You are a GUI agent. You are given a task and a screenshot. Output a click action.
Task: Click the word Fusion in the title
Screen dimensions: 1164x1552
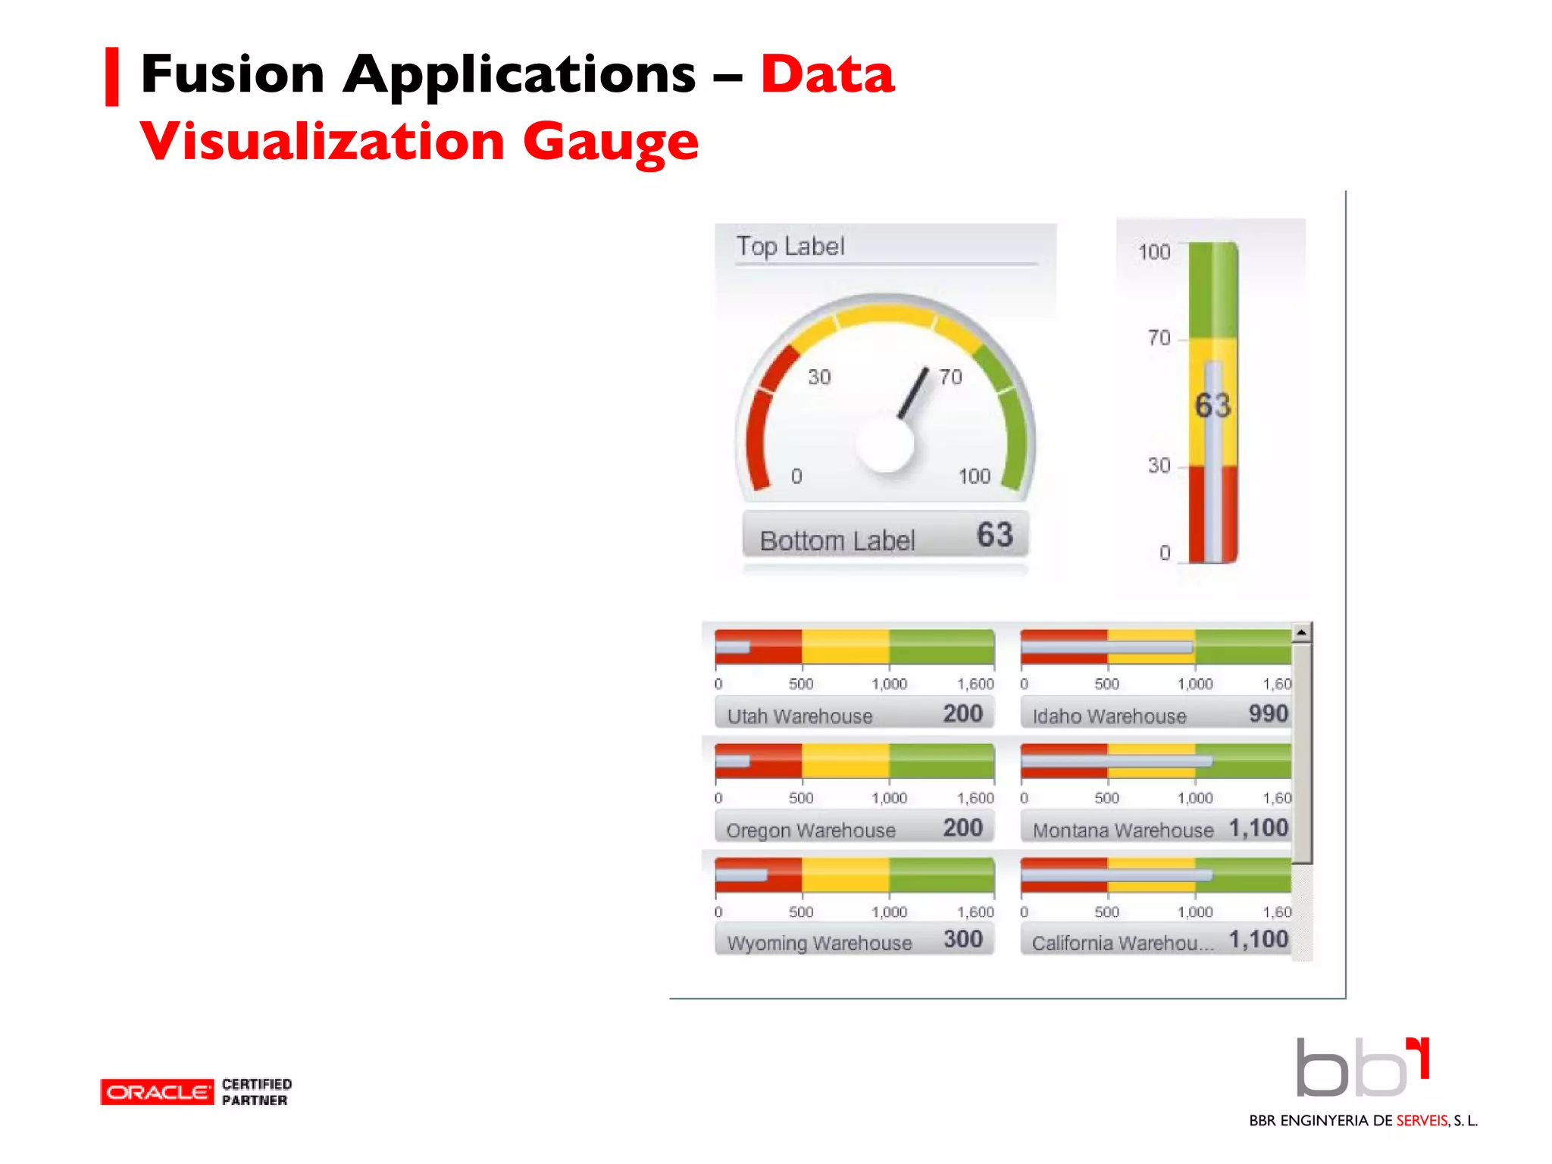coord(233,74)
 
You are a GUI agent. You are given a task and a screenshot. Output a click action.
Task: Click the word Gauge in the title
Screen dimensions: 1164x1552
coord(610,142)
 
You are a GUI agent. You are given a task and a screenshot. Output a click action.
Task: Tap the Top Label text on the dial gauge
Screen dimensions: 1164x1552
coord(790,246)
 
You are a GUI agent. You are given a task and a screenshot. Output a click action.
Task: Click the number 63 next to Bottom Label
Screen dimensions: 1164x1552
coord(994,535)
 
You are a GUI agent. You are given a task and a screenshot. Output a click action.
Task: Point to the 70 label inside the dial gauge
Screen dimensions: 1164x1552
coord(950,377)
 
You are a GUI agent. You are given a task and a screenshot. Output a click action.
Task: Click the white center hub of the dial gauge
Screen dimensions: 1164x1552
coord(884,443)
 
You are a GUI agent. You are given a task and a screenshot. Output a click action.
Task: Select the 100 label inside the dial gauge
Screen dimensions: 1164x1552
coord(974,477)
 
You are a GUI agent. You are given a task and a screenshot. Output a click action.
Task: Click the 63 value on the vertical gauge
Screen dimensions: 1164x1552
coord(1212,406)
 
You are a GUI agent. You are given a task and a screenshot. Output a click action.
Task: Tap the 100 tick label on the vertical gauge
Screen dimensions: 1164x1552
coord(1154,252)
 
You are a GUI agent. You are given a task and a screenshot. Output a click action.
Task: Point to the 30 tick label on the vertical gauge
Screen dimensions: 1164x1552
coord(1159,465)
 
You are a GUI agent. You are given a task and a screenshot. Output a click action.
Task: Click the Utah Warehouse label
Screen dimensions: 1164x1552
coord(799,716)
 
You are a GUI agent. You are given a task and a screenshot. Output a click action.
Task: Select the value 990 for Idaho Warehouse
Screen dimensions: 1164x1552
coord(1268,714)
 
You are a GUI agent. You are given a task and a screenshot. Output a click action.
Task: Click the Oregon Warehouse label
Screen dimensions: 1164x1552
coord(810,831)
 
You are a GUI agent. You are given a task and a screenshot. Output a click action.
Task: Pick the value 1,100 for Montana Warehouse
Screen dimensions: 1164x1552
coord(1258,828)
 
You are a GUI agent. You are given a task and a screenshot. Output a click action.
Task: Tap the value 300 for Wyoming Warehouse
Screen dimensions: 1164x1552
coord(962,940)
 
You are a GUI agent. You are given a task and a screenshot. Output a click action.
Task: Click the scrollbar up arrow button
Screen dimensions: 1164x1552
coord(1301,632)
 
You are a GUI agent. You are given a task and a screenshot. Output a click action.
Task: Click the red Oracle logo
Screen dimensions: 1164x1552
coord(157,1092)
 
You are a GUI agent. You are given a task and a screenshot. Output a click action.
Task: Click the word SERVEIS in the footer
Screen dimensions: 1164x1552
coord(1422,1121)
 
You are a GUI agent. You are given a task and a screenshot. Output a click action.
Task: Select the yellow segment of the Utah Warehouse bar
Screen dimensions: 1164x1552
coord(845,647)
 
